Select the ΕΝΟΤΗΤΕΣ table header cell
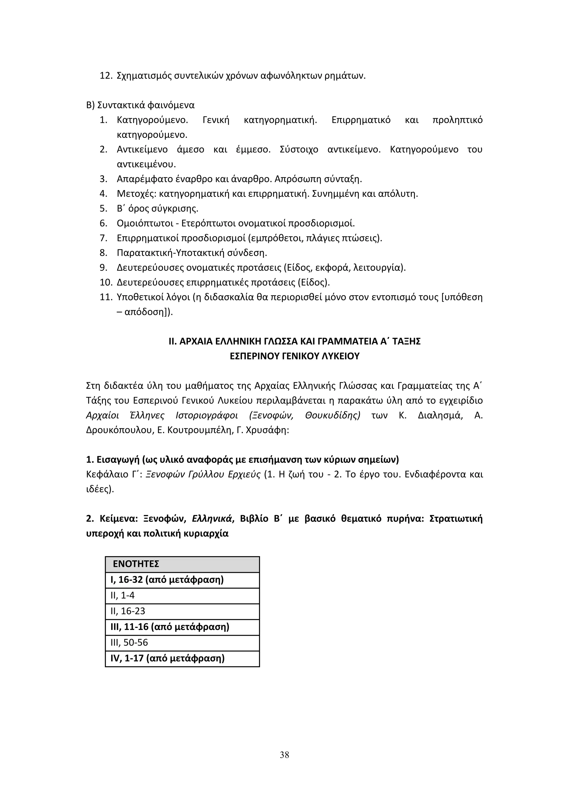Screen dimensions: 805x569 click(x=182, y=564)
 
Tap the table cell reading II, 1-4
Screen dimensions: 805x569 click(x=182, y=595)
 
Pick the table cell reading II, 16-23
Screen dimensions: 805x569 click(x=182, y=611)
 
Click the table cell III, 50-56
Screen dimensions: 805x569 click(x=182, y=642)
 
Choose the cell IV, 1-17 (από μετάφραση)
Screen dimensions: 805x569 click(x=182, y=658)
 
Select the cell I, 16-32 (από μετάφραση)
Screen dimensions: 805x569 click(x=182, y=580)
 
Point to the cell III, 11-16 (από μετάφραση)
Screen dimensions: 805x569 click(x=182, y=627)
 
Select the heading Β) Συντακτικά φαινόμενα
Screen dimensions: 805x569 click(x=140, y=105)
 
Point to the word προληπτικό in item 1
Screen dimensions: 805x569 click(x=457, y=120)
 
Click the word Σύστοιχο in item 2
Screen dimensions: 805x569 click(x=299, y=150)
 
